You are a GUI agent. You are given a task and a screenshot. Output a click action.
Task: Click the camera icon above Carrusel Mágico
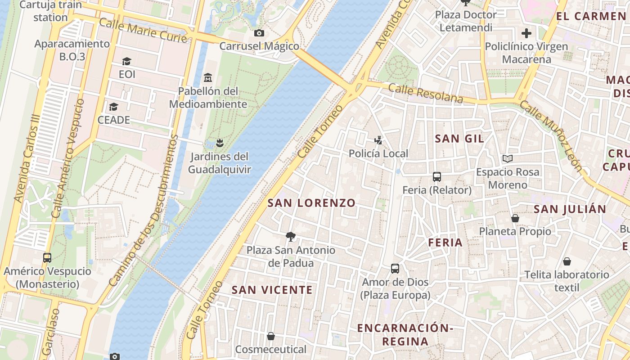click(x=259, y=33)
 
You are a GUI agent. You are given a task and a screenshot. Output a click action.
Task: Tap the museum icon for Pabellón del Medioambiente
click(x=207, y=77)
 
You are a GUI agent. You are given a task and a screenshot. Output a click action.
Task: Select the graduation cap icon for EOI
click(x=126, y=61)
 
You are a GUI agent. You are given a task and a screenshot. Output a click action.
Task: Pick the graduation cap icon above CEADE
click(x=113, y=107)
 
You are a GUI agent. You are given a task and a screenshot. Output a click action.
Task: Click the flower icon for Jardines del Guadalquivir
click(x=219, y=143)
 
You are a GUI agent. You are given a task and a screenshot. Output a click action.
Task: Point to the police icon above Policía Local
click(x=378, y=140)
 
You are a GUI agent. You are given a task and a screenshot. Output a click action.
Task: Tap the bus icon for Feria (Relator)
click(x=436, y=176)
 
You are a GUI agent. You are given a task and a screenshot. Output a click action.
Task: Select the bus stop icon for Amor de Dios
click(x=395, y=268)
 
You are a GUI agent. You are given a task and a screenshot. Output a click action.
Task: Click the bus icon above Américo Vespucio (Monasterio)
click(x=47, y=257)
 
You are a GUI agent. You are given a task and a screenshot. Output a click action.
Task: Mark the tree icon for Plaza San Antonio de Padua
click(x=291, y=236)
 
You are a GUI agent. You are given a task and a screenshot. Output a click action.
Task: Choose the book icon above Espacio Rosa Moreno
click(x=507, y=158)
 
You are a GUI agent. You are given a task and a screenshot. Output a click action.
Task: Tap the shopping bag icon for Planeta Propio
click(x=515, y=218)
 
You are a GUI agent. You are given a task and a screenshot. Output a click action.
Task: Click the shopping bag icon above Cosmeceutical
click(x=270, y=336)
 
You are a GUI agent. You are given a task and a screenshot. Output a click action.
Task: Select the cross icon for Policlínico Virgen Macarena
click(x=526, y=33)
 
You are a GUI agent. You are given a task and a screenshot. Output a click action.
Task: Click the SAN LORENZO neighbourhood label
click(x=311, y=203)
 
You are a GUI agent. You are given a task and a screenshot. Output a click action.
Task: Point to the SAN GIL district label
click(x=459, y=139)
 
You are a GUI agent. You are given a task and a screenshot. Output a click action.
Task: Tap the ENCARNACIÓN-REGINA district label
click(x=405, y=334)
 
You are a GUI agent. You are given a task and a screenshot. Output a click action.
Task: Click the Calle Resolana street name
click(x=425, y=93)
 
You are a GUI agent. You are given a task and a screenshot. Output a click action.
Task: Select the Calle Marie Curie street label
click(x=143, y=31)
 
